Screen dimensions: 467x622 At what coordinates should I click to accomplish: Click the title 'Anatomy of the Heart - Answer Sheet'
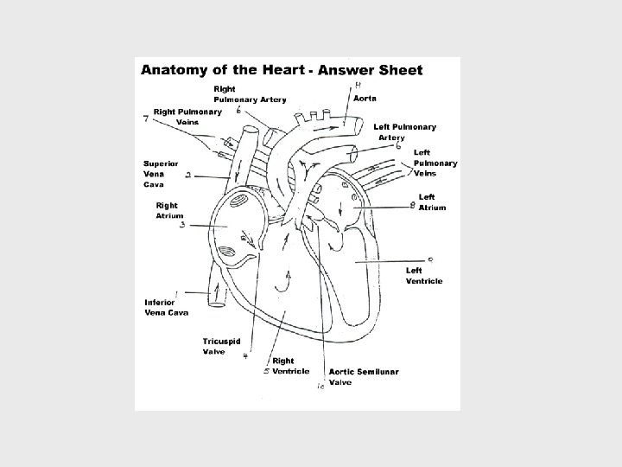[282, 70]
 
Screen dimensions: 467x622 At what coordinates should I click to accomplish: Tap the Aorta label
[365, 99]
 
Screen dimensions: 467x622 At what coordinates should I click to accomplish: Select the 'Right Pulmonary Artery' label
[250, 94]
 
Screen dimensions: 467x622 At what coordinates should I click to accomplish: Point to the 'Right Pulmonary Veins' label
[187, 117]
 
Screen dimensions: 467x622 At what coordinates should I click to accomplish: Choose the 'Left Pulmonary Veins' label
[435, 163]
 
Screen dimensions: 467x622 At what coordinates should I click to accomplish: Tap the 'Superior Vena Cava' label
[161, 173]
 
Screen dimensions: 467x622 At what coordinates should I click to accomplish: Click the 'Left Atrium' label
[432, 202]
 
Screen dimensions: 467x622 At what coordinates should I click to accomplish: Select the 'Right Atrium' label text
[167, 210]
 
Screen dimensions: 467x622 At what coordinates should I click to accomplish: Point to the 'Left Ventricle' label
[424, 275]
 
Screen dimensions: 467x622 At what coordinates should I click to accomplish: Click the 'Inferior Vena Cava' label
[166, 307]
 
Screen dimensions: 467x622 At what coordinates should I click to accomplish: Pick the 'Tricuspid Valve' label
[221, 346]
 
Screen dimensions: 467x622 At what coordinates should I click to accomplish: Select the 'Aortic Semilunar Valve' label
[363, 376]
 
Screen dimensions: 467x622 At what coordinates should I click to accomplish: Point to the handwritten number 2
[188, 175]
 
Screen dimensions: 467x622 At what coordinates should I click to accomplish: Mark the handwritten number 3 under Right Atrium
[182, 226]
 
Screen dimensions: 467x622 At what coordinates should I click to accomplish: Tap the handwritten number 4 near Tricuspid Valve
[245, 355]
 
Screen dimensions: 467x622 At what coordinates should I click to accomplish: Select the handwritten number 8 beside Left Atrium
[413, 205]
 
